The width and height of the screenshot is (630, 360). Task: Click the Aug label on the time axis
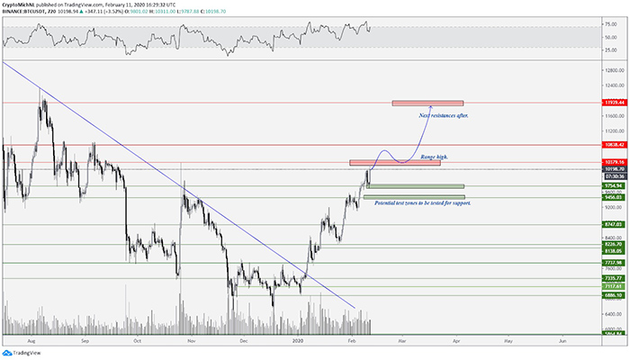pos(32,342)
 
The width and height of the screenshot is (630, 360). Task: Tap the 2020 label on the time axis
pos(300,342)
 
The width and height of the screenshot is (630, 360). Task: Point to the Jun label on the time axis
pos(563,342)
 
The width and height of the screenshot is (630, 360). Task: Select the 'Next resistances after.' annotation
pos(444,116)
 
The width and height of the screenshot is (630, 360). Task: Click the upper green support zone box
pos(417,186)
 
